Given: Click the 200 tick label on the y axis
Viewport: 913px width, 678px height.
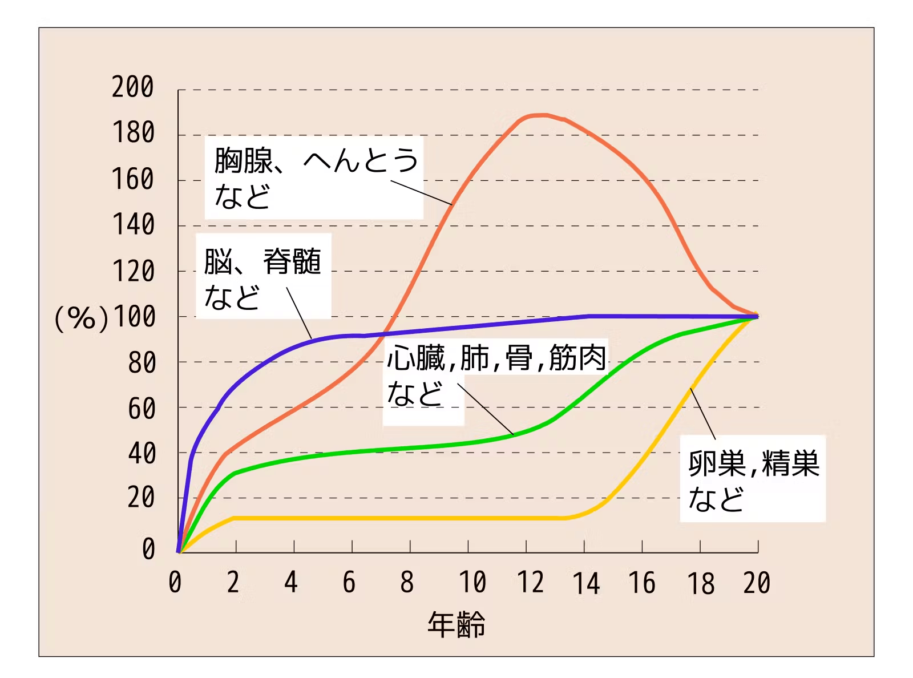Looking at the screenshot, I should (133, 87).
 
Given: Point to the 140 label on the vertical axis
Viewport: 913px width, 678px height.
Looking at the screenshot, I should (133, 225).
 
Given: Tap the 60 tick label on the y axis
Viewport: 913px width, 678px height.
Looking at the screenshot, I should (142, 409).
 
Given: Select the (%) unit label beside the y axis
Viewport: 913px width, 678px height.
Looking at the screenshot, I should (81, 318).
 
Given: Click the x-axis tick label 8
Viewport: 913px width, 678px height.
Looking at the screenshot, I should (407, 583).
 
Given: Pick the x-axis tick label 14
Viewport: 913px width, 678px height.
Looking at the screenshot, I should (586, 584).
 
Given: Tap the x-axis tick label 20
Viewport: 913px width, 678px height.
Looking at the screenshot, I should (757, 583).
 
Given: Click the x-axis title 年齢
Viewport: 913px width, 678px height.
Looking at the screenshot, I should (457, 624).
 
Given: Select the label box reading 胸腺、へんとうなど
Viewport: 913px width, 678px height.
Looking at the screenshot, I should (314, 177).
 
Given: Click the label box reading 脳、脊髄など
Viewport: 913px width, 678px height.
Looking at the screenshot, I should (263, 277).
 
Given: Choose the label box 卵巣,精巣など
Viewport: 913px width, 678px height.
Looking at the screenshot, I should (753, 479).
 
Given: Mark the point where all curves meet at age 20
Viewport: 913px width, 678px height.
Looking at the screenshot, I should (757, 316).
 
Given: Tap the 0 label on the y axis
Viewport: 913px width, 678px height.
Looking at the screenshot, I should (148, 548).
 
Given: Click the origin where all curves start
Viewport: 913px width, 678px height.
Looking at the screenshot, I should (179, 552).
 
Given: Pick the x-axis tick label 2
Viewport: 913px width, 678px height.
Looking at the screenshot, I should (233, 583).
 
